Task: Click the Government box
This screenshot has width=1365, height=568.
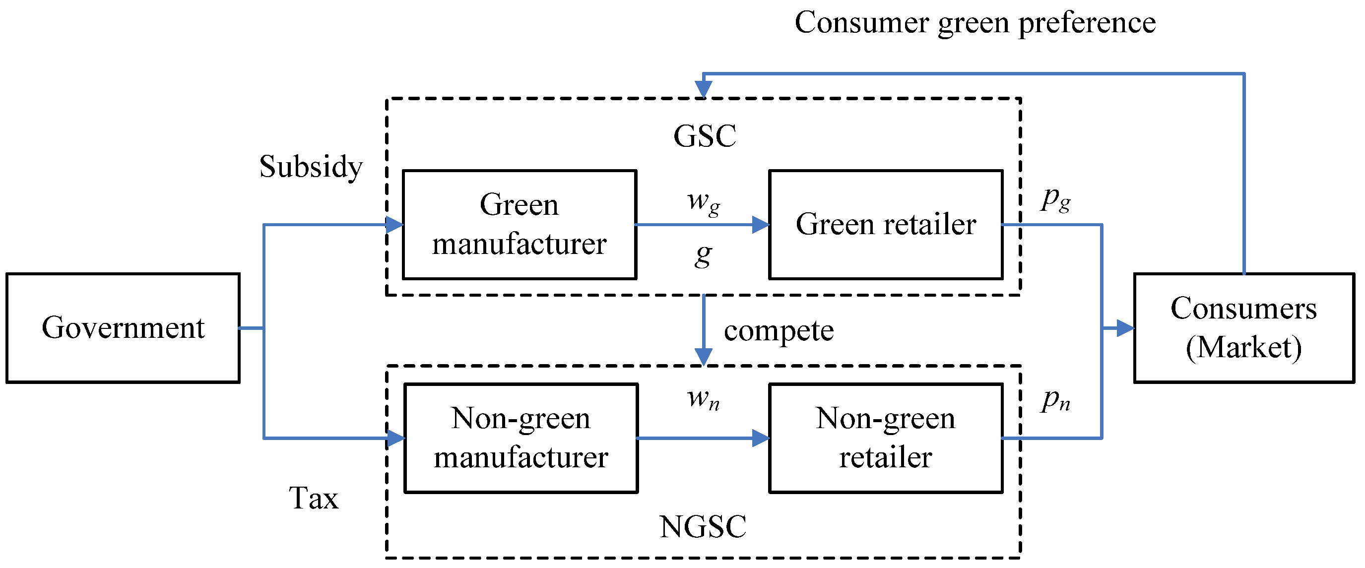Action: [123, 328]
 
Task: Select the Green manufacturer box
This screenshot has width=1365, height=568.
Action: [520, 225]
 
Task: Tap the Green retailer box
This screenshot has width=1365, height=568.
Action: [886, 225]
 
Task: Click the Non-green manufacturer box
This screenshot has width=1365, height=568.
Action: [521, 438]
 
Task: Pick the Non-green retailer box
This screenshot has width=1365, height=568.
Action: [886, 438]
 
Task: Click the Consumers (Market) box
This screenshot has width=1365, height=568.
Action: [1243, 328]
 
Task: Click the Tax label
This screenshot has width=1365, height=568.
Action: [313, 499]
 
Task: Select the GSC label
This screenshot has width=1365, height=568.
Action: [705, 136]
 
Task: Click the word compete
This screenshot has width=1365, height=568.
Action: [779, 331]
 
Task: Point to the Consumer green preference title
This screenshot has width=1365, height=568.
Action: [975, 23]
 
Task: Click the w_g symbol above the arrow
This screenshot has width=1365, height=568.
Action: [703, 202]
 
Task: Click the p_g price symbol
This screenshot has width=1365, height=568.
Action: [1055, 200]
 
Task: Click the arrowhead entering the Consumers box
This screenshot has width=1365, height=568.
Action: [1124, 328]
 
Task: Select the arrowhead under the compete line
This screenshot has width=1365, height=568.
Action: [703, 357]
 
